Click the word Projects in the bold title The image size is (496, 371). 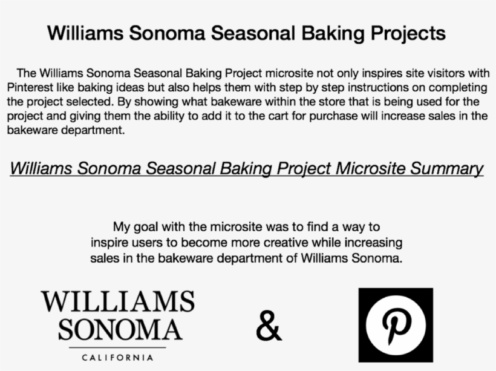[x=408, y=33]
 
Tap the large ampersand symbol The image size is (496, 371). [x=269, y=326]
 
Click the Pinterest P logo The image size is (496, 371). [x=396, y=325]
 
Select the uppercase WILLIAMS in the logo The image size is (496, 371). [x=118, y=301]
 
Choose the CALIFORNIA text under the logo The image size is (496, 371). [x=117, y=358]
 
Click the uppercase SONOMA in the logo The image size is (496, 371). [x=120, y=329]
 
